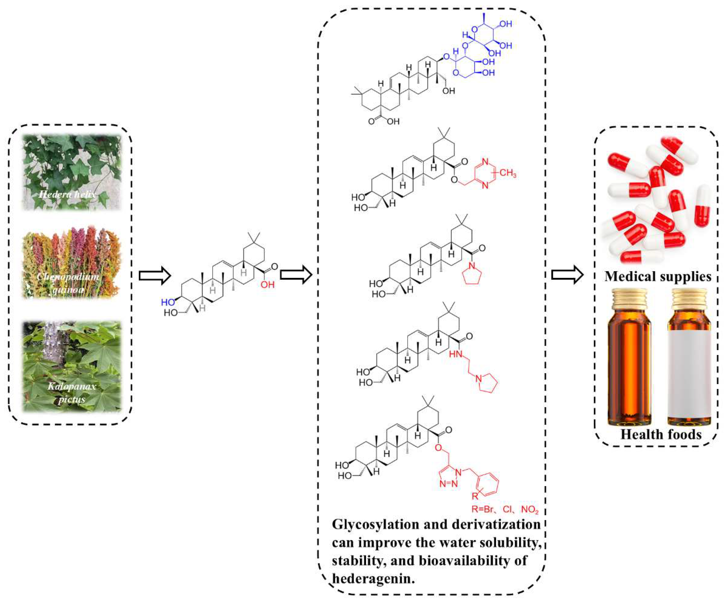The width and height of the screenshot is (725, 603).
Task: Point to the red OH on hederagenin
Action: (x=268, y=285)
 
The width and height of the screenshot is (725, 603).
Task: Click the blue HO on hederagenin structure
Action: (x=168, y=303)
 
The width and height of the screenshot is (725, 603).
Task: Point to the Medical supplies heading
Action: (x=658, y=276)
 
